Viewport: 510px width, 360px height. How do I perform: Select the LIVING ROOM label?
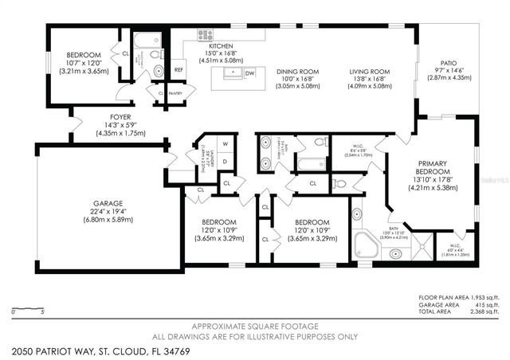coord(367,72)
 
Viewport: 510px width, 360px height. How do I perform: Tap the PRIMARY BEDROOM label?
coord(433,166)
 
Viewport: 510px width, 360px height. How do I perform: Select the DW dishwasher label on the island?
coord(250,72)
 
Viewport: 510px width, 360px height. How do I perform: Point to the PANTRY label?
coord(175,93)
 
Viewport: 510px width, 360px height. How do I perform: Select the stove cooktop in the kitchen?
coord(204,34)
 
